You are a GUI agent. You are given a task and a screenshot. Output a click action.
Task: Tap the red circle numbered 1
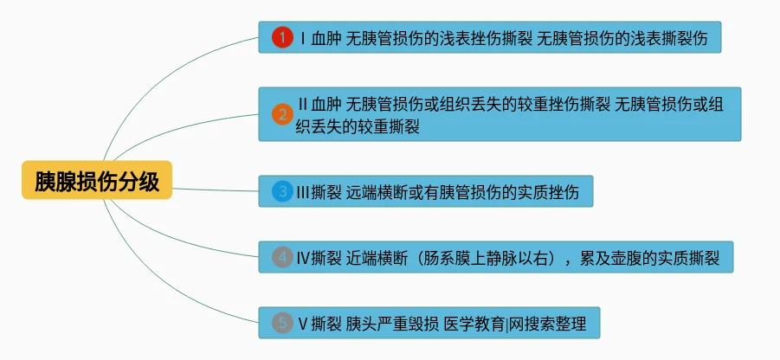[x=282, y=38]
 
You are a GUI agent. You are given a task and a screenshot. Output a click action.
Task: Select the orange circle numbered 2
[x=282, y=113]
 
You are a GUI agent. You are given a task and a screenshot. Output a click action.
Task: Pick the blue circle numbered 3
[x=282, y=191]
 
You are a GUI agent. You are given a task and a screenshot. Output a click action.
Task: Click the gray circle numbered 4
[x=282, y=257]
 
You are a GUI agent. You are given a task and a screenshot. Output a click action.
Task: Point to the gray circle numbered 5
[x=282, y=324]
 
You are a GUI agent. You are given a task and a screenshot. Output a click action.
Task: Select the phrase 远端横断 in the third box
[x=373, y=191]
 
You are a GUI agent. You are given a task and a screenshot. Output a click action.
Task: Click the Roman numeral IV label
[x=304, y=257]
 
